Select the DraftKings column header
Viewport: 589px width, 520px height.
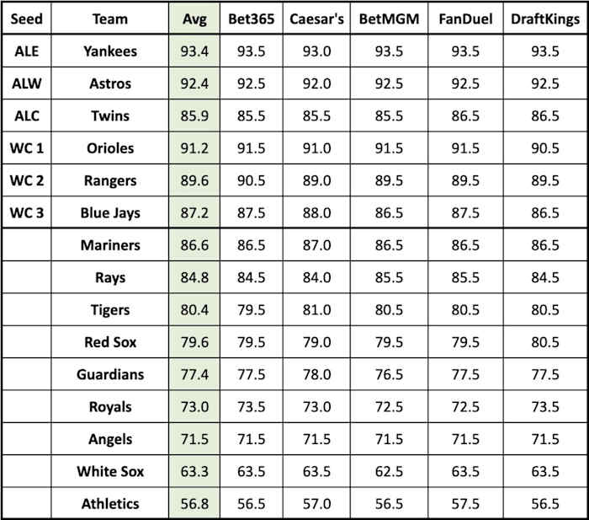tap(544, 19)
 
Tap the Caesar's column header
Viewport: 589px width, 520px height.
tap(316, 19)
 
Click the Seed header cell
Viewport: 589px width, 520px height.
tap(26, 19)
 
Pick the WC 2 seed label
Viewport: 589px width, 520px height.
tap(26, 180)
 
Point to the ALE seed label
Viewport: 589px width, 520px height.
tap(26, 51)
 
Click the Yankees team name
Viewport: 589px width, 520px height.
tap(110, 51)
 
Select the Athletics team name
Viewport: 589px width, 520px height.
tap(110, 504)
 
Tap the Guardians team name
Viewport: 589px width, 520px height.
tap(110, 374)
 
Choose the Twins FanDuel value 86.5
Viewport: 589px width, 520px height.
tap(465, 115)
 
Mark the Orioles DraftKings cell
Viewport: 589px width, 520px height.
tap(544, 148)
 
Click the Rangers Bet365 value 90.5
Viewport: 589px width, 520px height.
tap(251, 180)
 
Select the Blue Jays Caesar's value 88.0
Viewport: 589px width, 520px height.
tap(316, 213)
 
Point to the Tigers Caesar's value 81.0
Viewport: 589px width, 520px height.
tap(316, 310)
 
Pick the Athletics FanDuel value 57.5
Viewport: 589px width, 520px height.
tap(465, 504)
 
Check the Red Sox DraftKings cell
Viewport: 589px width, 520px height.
tap(544, 342)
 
